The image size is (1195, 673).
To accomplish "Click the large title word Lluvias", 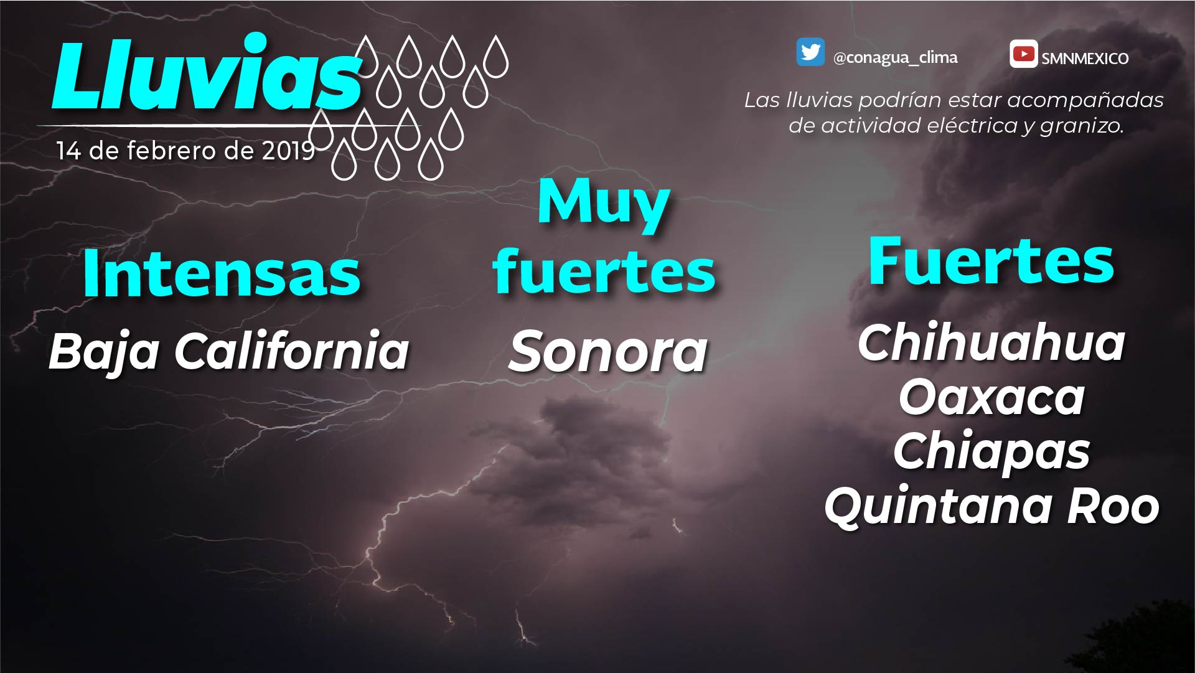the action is (x=207, y=73).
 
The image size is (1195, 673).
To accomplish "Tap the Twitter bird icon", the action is (x=810, y=52).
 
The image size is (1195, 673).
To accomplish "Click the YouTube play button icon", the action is (x=1023, y=54).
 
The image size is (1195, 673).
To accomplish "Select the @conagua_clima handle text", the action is (x=895, y=58).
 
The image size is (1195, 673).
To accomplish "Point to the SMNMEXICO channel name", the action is (x=1085, y=59).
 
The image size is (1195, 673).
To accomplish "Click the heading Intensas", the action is (x=222, y=274).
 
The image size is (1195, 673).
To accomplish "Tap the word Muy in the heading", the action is (x=603, y=204).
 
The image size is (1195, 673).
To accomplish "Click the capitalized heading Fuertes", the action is (x=991, y=261).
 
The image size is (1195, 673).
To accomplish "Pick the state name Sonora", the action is (x=608, y=352).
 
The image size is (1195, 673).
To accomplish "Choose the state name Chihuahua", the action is (x=991, y=343).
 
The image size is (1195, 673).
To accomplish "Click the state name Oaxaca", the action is (x=991, y=397).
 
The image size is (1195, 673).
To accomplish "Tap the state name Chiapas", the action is (x=991, y=452).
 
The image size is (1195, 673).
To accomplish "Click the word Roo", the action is (x=1113, y=507).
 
